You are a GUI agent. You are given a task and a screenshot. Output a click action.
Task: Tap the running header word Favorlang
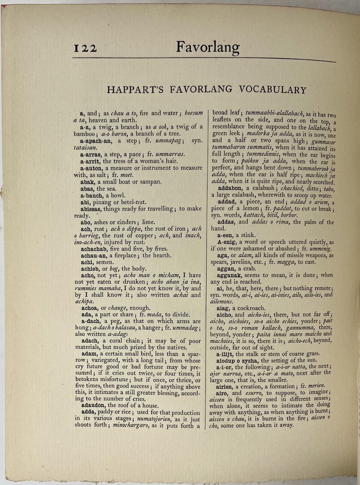[208, 47]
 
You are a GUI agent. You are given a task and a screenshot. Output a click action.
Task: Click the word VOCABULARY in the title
[271, 89]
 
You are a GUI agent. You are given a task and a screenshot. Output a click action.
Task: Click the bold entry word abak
[88, 182]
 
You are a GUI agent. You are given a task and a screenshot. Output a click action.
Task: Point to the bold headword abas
[87, 188]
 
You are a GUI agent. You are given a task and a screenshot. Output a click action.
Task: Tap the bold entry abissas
[91, 209]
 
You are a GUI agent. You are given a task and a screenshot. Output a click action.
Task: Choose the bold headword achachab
[94, 249]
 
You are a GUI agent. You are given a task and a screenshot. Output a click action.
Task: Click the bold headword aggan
[226, 268]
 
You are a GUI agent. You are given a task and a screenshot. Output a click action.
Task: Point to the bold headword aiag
[224, 308]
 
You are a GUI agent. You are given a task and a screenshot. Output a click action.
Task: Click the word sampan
[149, 182]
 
